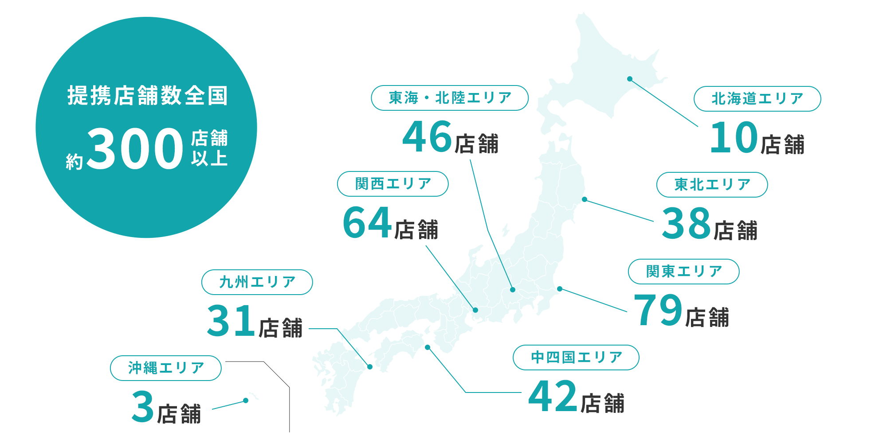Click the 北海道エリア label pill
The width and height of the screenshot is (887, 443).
(x=757, y=99)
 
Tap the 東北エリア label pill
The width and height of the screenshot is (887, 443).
(x=712, y=185)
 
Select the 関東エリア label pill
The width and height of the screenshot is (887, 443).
(x=683, y=272)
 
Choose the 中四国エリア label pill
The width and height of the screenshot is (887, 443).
(x=576, y=358)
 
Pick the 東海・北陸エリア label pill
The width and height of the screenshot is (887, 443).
(x=450, y=98)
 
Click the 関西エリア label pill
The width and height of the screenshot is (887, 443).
(x=392, y=184)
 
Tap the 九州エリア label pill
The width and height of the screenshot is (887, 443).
(x=257, y=282)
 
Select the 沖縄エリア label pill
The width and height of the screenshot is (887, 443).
(x=165, y=368)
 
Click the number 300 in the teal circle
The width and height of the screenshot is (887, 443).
(x=135, y=148)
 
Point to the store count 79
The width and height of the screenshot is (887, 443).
(x=658, y=310)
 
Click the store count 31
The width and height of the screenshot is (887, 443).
(x=231, y=320)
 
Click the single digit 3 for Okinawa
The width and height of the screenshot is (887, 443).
(x=143, y=406)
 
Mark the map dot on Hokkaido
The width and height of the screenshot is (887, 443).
(x=630, y=79)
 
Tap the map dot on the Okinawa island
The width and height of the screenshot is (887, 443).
(x=246, y=400)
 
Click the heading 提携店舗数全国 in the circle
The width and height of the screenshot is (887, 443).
(x=147, y=96)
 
